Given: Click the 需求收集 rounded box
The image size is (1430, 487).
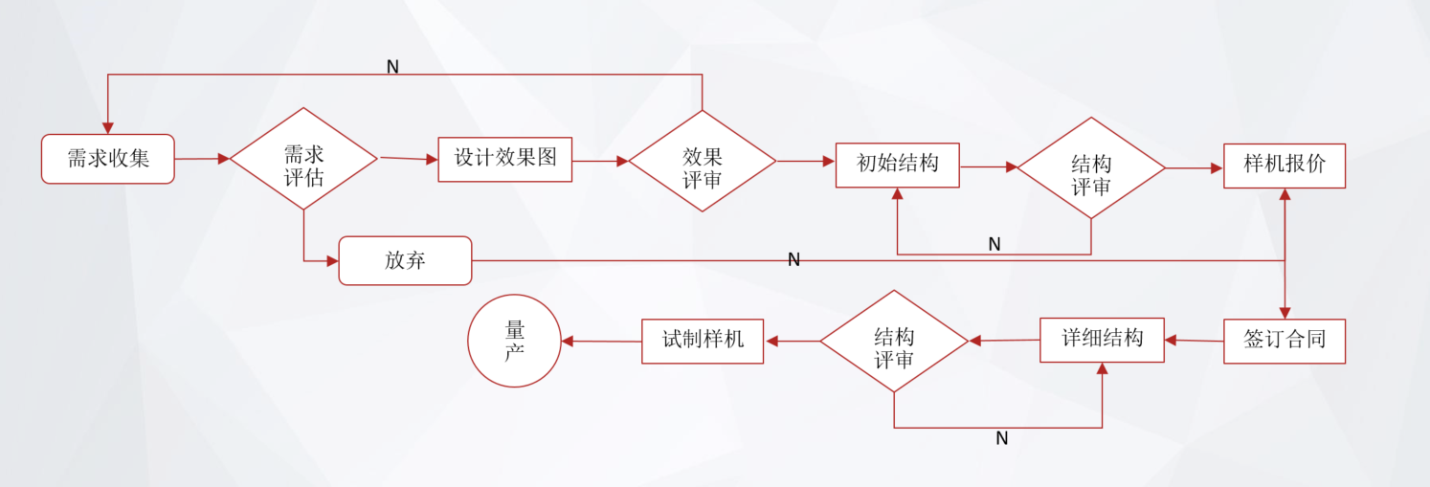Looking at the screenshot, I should pyautogui.click(x=107, y=159).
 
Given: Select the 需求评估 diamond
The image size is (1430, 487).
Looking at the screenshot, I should pyautogui.click(x=303, y=159).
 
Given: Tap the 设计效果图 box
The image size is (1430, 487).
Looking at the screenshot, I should pyautogui.click(x=504, y=159).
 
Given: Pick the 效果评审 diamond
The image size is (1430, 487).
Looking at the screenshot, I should pyautogui.click(x=702, y=161).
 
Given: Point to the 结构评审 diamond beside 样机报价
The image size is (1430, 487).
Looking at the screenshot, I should pyautogui.click(x=1090, y=167).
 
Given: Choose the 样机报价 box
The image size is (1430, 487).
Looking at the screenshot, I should pyautogui.click(x=1284, y=166).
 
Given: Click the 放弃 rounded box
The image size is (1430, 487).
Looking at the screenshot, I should pyautogui.click(x=405, y=260).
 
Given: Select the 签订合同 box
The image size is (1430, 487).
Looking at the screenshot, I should pyautogui.click(x=1284, y=341).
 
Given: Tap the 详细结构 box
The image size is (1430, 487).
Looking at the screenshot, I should pyautogui.click(x=1102, y=340).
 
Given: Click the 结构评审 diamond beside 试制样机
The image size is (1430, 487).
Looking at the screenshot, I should pyautogui.click(x=894, y=342).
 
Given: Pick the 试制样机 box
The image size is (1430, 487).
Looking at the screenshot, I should pyautogui.click(x=702, y=341).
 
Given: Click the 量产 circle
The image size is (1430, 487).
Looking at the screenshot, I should pyautogui.click(x=514, y=341).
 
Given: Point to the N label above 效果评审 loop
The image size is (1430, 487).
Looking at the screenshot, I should pyautogui.click(x=392, y=67).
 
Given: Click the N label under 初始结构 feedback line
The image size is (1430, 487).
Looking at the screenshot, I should pyautogui.click(x=994, y=245).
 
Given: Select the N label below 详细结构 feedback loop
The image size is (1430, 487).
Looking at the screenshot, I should pyautogui.click(x=1001, y=439).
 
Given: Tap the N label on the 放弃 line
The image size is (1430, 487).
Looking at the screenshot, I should pyautogui.click(x=793, y=260).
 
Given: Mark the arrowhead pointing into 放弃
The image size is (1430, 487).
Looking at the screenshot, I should pyautogui.click(x=333, y=260).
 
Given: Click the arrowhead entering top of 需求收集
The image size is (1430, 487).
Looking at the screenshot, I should pyautogui.click(x=108, y=128).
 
